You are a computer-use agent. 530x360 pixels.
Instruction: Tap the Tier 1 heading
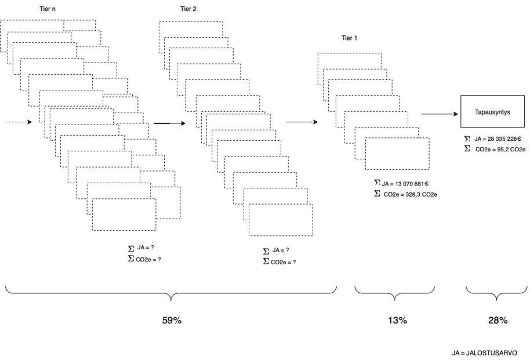pyautogui.click(x=349, y=38)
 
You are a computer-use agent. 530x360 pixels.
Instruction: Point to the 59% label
pyautogui.click(x=172, y=321)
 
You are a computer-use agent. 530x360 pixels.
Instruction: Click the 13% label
pyautogui.click(x=397, y=321)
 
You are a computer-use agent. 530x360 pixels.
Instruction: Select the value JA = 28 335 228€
pyautogui.click(x=495, y=140)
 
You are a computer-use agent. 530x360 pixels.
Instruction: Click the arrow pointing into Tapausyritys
pyautogui.click(x=440, y=114)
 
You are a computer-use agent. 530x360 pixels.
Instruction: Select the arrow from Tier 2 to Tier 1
pyautogui.click(x=302, y=122)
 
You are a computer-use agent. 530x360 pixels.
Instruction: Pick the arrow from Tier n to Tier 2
pyautogui.click(x=169, y=123)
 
